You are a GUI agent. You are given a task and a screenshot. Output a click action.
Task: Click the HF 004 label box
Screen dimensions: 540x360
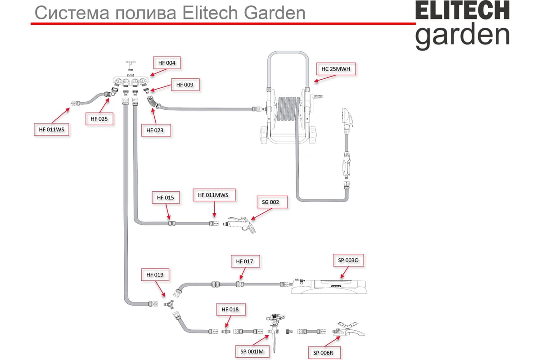167,63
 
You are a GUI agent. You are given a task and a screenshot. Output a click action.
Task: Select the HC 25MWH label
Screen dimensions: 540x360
336,69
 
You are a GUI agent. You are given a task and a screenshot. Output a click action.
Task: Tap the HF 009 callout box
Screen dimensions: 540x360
185,85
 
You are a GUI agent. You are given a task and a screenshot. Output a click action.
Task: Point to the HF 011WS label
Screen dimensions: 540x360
52,130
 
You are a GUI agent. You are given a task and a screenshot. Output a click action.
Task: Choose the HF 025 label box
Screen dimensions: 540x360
99,119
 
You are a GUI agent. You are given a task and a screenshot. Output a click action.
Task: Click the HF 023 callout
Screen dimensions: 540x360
156,130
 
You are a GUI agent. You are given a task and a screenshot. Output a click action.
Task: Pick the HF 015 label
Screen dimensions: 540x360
166,198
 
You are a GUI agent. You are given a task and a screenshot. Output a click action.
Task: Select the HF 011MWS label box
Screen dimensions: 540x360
214,195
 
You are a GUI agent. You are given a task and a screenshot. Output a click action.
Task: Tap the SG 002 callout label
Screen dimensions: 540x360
272,202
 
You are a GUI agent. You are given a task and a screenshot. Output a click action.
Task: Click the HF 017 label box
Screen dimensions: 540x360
245,261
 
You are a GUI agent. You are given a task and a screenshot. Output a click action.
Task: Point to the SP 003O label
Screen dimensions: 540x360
348,260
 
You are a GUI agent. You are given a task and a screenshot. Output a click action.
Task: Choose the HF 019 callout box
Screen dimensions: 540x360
155,274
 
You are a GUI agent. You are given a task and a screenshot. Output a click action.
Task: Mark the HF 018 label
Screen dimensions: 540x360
231,309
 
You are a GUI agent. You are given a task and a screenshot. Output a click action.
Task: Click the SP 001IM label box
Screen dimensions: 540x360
252,351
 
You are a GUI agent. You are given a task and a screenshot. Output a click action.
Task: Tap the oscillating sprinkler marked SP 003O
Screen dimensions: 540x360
329,286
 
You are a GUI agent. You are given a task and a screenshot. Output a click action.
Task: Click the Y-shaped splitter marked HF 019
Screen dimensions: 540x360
169,305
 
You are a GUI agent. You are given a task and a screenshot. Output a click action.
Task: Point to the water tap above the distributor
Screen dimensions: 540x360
130,66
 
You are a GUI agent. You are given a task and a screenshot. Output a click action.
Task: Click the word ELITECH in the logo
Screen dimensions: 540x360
463,10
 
